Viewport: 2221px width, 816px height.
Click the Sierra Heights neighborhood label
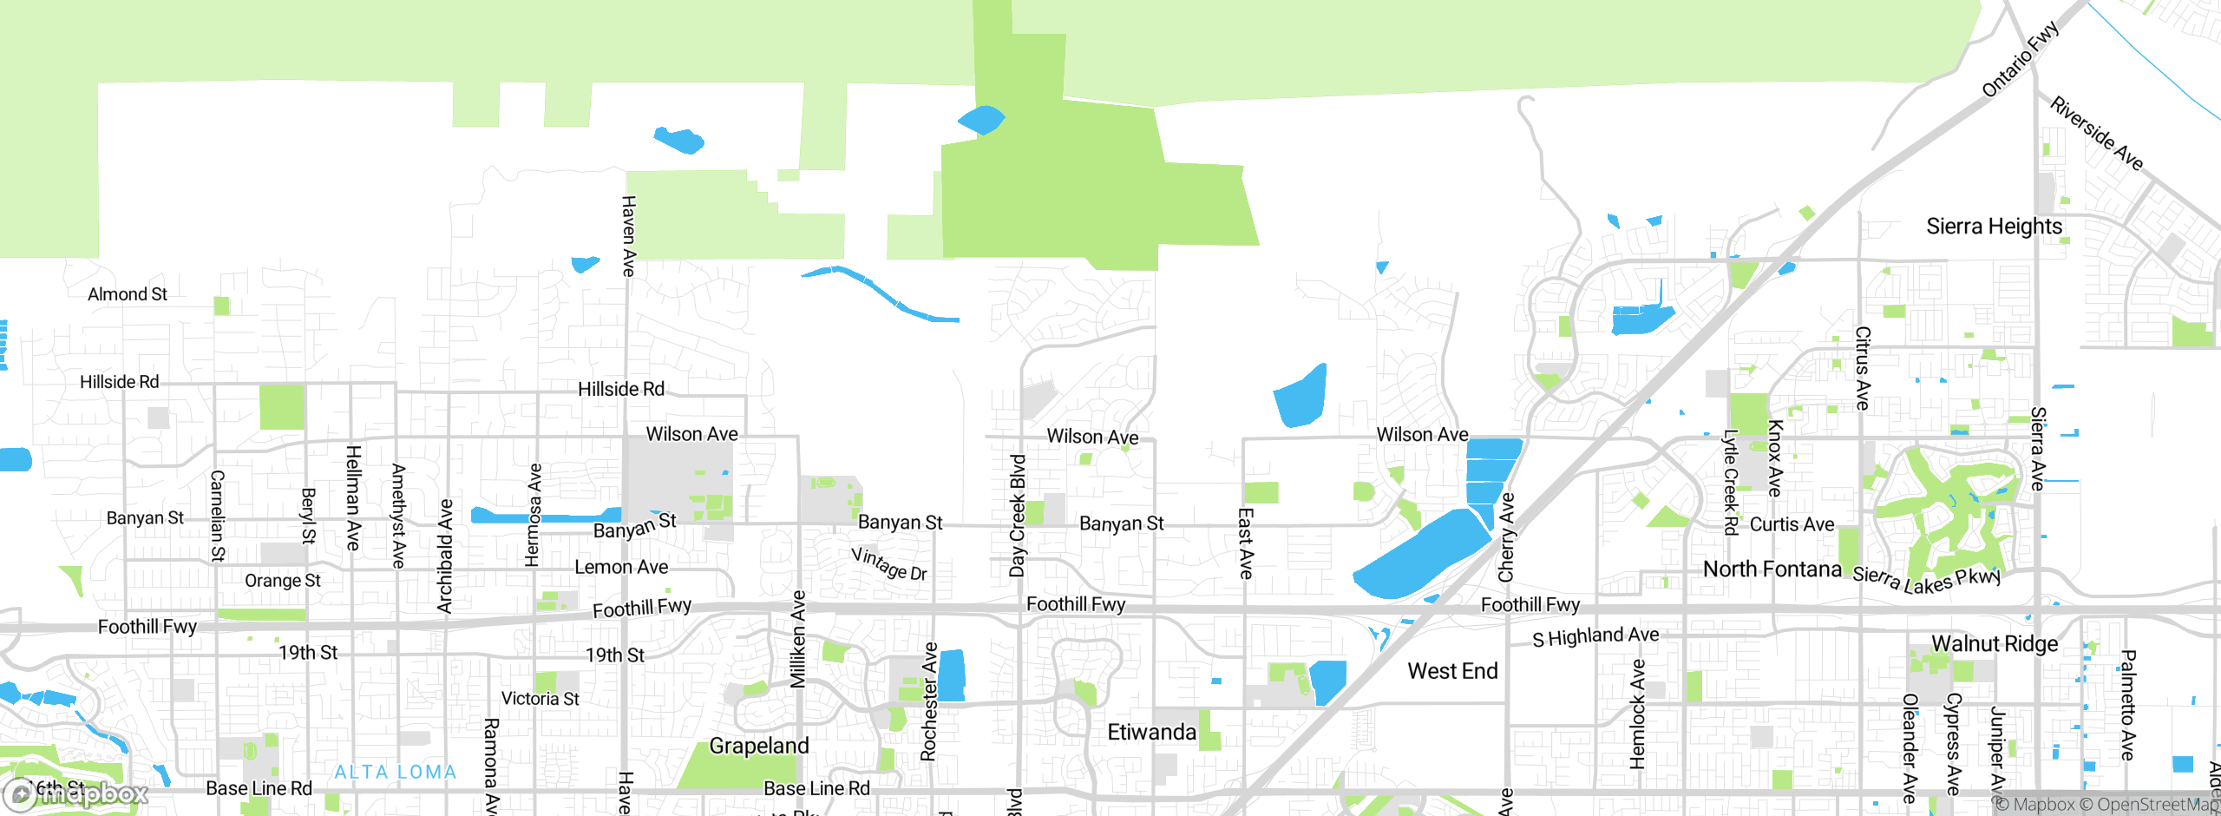(x=1994, y=227)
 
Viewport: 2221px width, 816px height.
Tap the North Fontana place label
(x=1772, y=569)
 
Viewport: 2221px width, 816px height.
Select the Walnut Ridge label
(x=1994, y=644)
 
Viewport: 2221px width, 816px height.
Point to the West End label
(x=1452, y=671)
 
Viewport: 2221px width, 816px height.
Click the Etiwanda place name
(x=1151, y=732)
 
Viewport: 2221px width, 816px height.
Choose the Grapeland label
(x=759, y=746)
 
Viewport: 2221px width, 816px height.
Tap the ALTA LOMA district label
(x=396, y=772)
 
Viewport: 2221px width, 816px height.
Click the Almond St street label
(x=128, y=294)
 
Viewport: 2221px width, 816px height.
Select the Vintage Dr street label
(x=889, y=563)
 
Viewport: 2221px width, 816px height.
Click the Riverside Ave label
(x=2096, y=134)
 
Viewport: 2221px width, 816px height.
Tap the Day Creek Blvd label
(x=1018, y=516)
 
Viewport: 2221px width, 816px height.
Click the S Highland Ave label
(x=1595, y=636)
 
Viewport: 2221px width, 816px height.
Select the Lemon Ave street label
(x=621, y=567)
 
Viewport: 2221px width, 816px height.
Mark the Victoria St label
(x=540, y=699)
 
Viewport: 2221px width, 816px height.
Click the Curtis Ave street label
(x=1792, y=524)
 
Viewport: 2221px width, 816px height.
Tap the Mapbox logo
(x=76, y=793)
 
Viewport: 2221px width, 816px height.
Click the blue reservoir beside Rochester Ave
(x=952, y=675)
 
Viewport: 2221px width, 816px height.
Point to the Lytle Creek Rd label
(x=1731, y=483)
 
